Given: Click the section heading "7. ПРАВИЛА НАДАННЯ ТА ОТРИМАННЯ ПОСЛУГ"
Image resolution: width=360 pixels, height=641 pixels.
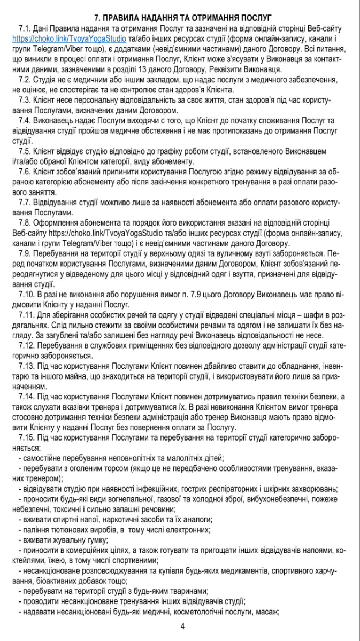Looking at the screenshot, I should (x=179, y=18).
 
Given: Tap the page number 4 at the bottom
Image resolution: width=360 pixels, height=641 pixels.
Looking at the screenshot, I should (x=182, y=626).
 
